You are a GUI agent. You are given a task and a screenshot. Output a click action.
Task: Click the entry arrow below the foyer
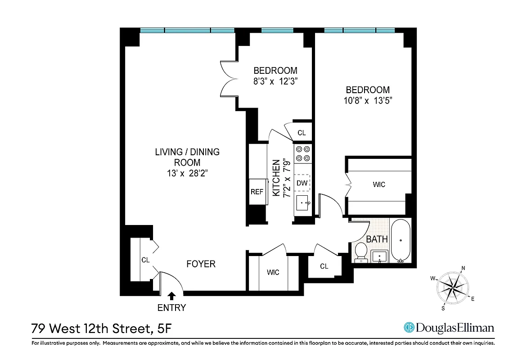coord(171,296)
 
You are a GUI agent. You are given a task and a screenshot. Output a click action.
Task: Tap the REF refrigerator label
coord(257,192)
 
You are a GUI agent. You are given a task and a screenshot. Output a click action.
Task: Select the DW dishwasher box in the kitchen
coord(302,183)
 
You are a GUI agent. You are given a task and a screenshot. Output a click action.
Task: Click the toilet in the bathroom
coord(360,252)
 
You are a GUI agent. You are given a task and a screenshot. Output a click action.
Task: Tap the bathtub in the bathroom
coord(401,240)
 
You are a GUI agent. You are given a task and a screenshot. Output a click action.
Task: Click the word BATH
coord(377,239)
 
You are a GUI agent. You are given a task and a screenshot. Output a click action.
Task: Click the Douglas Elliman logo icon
coord(409,328)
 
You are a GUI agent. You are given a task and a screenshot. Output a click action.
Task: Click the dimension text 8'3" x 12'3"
coord(275,81)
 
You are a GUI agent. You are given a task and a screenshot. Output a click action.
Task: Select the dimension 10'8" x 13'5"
coord(367,101)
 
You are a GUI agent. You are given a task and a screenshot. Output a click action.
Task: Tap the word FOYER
coord(201,264)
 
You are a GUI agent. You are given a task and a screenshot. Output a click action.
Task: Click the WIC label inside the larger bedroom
coord(379,184)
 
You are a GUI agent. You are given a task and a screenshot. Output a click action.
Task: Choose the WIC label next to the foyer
coord(273,272)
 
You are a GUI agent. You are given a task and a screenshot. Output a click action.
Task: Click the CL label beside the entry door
coord(145,260)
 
